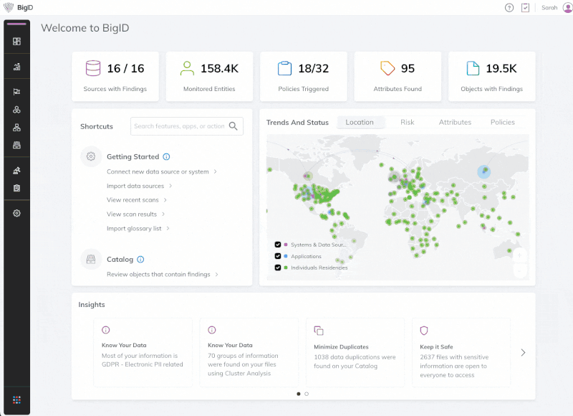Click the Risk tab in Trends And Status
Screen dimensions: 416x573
[407, 122]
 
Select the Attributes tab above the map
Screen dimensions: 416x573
[455, 122]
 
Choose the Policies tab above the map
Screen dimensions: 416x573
[502, 122]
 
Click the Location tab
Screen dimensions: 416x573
[360, 122]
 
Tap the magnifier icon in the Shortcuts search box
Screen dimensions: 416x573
[233, 126]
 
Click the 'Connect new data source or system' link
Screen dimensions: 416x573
[158, 171]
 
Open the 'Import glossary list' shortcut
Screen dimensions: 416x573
[134, 228]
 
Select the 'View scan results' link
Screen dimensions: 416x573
[132, 214]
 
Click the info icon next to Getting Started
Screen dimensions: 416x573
[167, 156]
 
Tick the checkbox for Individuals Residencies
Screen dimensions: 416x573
[278, 268]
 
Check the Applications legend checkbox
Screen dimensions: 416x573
[278, 256]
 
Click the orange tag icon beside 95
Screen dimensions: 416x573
[387, 68]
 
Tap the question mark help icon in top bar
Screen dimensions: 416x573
[509, 7]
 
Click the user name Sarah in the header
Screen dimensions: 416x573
[549, 7]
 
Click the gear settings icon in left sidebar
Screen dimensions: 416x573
[16, 213]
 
